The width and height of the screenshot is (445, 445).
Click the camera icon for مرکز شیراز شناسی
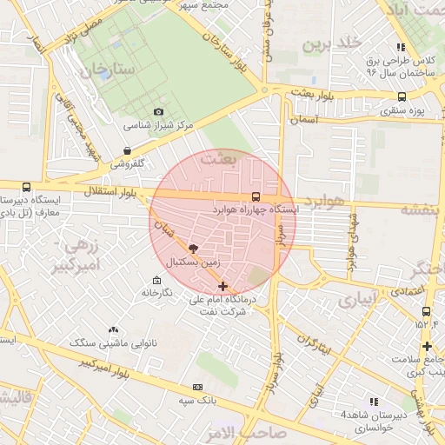click(158, 112)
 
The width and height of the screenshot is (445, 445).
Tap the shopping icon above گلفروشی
click(128, 149)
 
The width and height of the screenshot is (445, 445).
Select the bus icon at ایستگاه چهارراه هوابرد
click(255, 196)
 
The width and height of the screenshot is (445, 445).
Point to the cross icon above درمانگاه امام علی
click(223, 286)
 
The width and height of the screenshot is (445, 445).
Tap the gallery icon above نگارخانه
click(156, 280)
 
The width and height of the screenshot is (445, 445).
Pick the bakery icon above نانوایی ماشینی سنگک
click(113, 330)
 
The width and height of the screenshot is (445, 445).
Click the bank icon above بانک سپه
click(198, 386)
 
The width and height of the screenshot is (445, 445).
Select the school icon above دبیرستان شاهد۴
click(374, 402)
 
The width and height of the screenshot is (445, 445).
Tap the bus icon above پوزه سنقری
click(402, 97)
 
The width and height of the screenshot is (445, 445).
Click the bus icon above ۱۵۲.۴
click(426, 311)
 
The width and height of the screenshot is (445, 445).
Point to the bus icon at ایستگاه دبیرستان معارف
click(26, 187)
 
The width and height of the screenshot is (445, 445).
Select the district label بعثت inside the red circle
click(218, 159)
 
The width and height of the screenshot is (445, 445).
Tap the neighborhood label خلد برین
click(330, 43)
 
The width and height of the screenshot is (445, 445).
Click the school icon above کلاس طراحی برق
click(400, 47)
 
